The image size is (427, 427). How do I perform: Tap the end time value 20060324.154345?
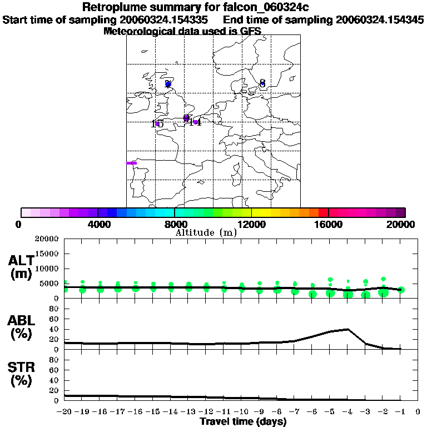[x=380, y=20]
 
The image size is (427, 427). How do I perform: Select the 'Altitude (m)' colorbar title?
[x=206, y=232]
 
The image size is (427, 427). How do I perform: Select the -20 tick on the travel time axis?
[x=64, y=412]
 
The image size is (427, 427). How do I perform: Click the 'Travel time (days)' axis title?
[x=243, y=422]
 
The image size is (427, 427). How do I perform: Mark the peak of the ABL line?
[x=347, y=329]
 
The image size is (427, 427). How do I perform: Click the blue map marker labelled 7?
[x=168, y=85]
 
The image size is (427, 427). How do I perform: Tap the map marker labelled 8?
[x=262, y=85]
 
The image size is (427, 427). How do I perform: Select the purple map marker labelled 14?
[x=196, y=122]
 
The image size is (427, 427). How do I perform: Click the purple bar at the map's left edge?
[x=131, y=163]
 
